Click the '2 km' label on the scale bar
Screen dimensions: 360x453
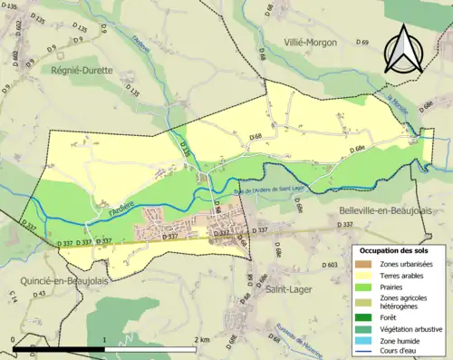[x=203, y=339]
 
